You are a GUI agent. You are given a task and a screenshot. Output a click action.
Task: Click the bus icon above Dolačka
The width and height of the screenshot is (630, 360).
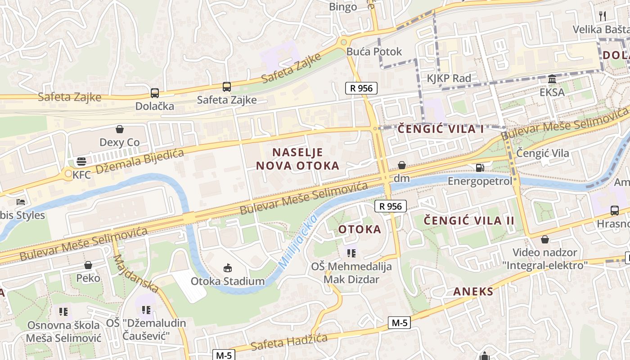tap(155, 93)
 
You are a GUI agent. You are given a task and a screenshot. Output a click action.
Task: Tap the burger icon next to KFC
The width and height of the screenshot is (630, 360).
tap(81, 161)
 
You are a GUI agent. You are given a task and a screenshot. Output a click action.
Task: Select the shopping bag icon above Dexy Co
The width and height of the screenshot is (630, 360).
tap(120, 130)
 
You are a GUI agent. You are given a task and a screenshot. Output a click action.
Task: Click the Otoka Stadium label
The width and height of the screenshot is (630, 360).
tap(228, 282)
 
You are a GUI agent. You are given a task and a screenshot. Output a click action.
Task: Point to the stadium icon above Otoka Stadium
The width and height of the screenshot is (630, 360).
tap(228, 268)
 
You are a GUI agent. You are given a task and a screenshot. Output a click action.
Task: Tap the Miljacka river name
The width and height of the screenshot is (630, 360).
tap(298, 242)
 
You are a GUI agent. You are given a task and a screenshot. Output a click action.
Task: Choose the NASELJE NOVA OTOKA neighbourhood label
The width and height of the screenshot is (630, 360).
tap(297, 159)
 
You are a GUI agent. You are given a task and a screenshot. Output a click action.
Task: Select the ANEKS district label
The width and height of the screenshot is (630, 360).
tap(473, 291)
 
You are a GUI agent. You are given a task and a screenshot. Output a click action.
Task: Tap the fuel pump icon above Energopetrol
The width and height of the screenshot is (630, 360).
tap(480, 167)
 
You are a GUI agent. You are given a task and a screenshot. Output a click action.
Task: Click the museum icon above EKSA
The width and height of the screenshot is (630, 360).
tap(552, 80)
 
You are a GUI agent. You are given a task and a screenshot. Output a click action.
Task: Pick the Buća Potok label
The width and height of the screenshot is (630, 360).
tap(374, 51)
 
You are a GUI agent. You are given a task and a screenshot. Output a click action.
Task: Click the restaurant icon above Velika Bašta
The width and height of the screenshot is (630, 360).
tap(603, 16)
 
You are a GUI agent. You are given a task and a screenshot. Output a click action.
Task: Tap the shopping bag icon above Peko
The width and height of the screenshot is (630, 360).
tap(88, 265)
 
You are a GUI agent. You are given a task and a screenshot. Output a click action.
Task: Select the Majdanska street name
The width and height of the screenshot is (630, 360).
tap(135, 273)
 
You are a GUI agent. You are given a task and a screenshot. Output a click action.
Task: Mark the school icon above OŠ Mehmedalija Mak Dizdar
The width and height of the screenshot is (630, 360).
tap(351, 253)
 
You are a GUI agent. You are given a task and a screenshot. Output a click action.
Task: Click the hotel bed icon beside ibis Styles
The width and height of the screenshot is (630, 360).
tap(21, 202)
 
